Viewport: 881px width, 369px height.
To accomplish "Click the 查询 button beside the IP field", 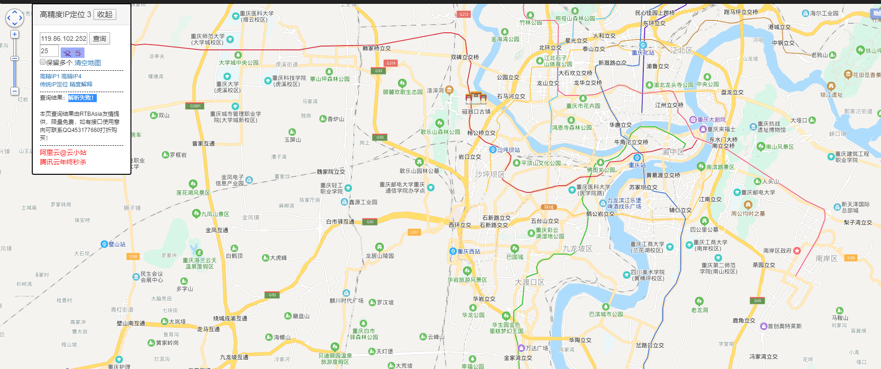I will (100, 38).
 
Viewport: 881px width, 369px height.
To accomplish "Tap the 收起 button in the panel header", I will (105, 14).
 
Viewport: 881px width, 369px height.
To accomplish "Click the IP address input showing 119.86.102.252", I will (64, 38).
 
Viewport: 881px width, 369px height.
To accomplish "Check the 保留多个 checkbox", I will (43, 62).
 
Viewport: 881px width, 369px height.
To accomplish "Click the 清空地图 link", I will (88, 63).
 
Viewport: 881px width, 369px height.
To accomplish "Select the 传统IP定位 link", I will (54, 85).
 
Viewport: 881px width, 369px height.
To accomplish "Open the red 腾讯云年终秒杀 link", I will (63, 162).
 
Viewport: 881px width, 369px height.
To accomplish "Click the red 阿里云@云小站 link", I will (63, 152).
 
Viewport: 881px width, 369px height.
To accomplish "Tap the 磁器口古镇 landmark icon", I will (476, 98).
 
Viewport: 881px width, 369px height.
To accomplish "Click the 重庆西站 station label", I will (468, 251).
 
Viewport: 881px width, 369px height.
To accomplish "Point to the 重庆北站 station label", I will (643, 53).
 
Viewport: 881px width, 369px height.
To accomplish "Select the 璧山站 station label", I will (117, 244).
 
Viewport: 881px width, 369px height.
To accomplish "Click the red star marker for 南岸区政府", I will (797, 251).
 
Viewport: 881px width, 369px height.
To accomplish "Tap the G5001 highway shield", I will (195, 106).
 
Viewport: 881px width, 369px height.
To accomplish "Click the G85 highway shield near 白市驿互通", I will (370, 222).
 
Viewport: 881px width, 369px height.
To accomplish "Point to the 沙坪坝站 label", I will (508, 150).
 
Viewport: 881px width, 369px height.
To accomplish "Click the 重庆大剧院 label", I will (711, 120).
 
